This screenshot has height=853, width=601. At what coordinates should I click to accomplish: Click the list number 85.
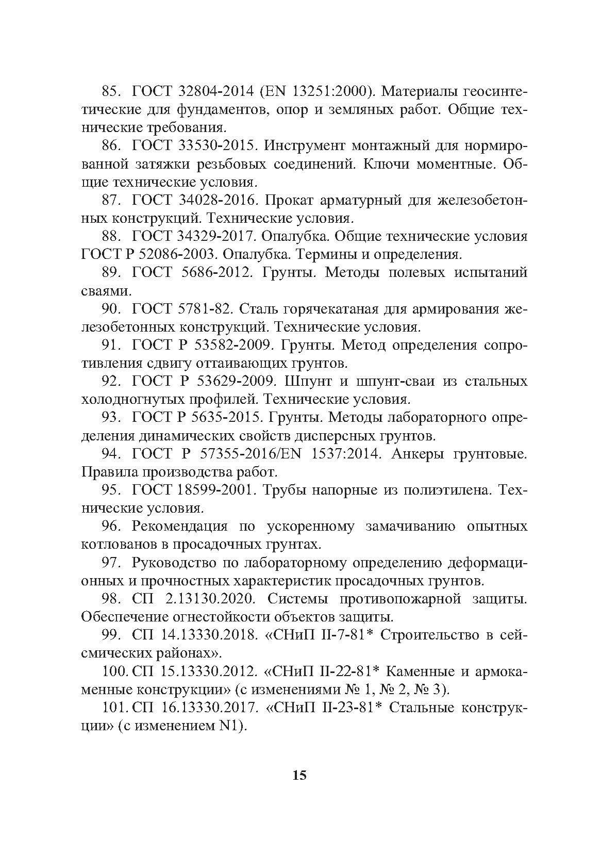pos(111,91)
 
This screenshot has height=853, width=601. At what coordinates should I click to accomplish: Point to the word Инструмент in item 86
pos(304,145)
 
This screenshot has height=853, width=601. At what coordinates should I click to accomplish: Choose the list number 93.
pos(111,417)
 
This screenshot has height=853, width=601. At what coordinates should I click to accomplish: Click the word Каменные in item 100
pos(419,671)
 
